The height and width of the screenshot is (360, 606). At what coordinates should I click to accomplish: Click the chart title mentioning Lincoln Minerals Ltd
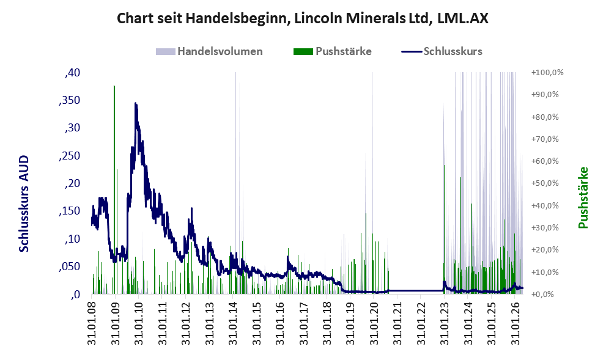pos(303,18)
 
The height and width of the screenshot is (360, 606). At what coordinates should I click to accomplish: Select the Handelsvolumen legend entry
pos(209,51)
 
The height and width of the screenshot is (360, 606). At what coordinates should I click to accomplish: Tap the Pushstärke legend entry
pos(333,51)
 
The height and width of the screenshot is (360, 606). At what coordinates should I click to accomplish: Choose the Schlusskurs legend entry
pos(442,51)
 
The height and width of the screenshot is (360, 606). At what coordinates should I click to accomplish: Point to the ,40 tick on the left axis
pos(72,73)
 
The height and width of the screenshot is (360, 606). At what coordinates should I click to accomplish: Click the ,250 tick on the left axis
pos(69,156)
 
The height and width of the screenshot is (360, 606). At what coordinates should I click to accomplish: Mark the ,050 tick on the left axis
pos(69,266)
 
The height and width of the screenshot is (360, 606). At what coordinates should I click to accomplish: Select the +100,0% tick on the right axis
pos(547,73)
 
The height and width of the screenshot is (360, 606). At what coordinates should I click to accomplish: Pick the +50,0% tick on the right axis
pos(545,183)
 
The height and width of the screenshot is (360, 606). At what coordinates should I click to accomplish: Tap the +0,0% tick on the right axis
pos(542,295)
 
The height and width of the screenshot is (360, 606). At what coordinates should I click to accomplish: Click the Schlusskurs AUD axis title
pos(24,204)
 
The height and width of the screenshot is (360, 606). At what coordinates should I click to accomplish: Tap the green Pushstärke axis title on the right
pos(583,197)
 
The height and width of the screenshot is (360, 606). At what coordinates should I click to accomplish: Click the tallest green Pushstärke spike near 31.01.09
pos(114,189)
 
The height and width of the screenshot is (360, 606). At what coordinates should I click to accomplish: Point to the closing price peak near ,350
pos(135,103)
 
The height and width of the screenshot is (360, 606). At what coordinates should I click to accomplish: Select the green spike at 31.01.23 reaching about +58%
pos(444,229)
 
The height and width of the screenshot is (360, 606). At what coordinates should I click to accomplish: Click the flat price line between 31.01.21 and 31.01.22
pos(409,290)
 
